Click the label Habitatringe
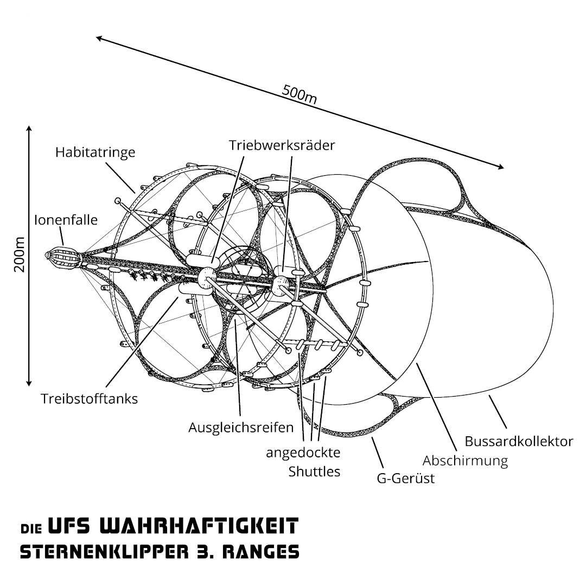(95, 152)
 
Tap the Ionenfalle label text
(66, 220)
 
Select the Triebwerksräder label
(282, 145)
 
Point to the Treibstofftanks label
(90, 399)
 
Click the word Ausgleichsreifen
(241, 427)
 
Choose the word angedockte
(303, 453)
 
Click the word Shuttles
(314, 472)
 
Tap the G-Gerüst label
(406, 479)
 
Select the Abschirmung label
(466, 461)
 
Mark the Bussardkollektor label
(519, 441)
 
